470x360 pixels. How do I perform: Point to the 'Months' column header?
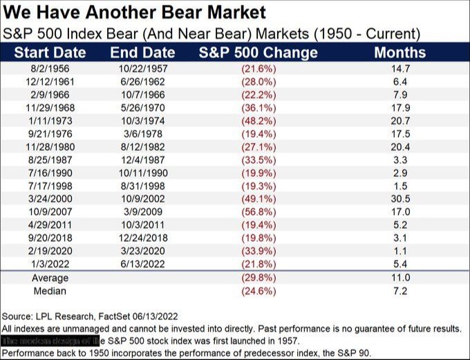coord(399,53)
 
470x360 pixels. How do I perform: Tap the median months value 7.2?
coord(400,290)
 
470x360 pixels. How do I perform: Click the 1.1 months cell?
coord(400,250)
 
